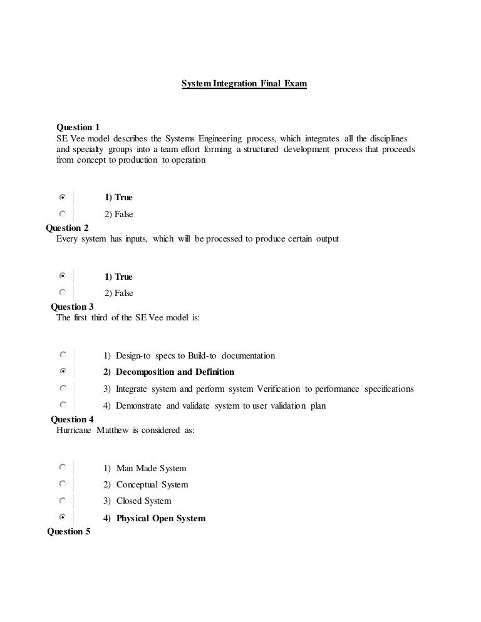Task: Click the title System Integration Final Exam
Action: click(244, 83)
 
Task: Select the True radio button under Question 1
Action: click(62, 196)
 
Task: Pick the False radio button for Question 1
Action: click(62, 213)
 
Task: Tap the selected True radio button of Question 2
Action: click(62, 275)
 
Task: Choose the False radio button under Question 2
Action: click(62, 292)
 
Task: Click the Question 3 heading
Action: click(72, 307)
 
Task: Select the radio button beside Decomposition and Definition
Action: click(62, 371)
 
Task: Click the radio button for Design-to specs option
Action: click(62, 355)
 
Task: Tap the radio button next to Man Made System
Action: click(62, 467)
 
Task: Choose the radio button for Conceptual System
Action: click(62, 484)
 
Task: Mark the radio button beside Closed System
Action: click(62, 501)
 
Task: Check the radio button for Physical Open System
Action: click(62, 517)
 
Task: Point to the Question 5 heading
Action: click(69, 532)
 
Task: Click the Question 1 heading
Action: click(78, 127)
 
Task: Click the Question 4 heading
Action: click(72, 419)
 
